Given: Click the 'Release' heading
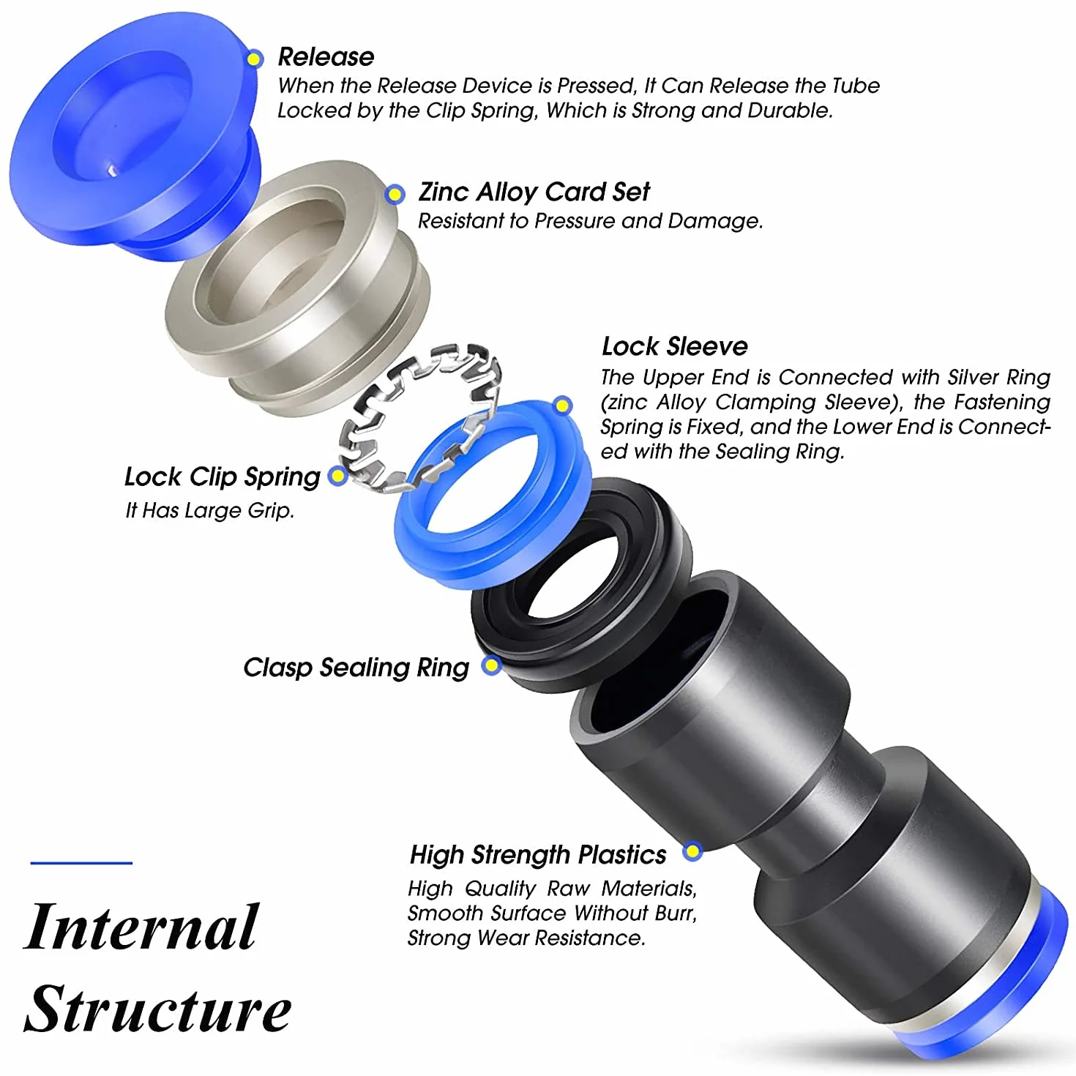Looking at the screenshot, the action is tap(326, 57).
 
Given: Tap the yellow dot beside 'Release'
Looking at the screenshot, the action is tap(255, 59).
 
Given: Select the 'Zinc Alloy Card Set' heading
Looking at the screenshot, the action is tap(534, 193).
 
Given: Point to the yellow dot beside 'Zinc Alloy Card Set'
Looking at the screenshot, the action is tap(395, 194).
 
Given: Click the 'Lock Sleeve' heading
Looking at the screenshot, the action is tap(675, 346).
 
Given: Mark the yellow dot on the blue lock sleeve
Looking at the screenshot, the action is tap(563, 406).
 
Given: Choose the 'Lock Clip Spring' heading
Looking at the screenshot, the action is tap(223, 477).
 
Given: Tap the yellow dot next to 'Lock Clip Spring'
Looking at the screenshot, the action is tap(337, 476).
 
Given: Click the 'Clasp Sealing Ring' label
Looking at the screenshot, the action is tap(356, 668).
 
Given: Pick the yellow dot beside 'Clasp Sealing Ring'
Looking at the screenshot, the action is tap(491, 665).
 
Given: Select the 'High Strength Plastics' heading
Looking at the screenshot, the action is tap(538, 855).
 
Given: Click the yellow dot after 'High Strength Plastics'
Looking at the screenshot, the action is tap(692, 851).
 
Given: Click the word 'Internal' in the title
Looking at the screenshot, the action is tap(142, 927).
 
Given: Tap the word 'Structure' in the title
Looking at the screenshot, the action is tap(157, 1009).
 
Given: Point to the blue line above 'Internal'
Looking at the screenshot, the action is tap(81, 863).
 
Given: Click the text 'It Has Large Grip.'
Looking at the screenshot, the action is tap(210, 510).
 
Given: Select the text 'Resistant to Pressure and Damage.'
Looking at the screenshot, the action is tap(591, 221).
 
